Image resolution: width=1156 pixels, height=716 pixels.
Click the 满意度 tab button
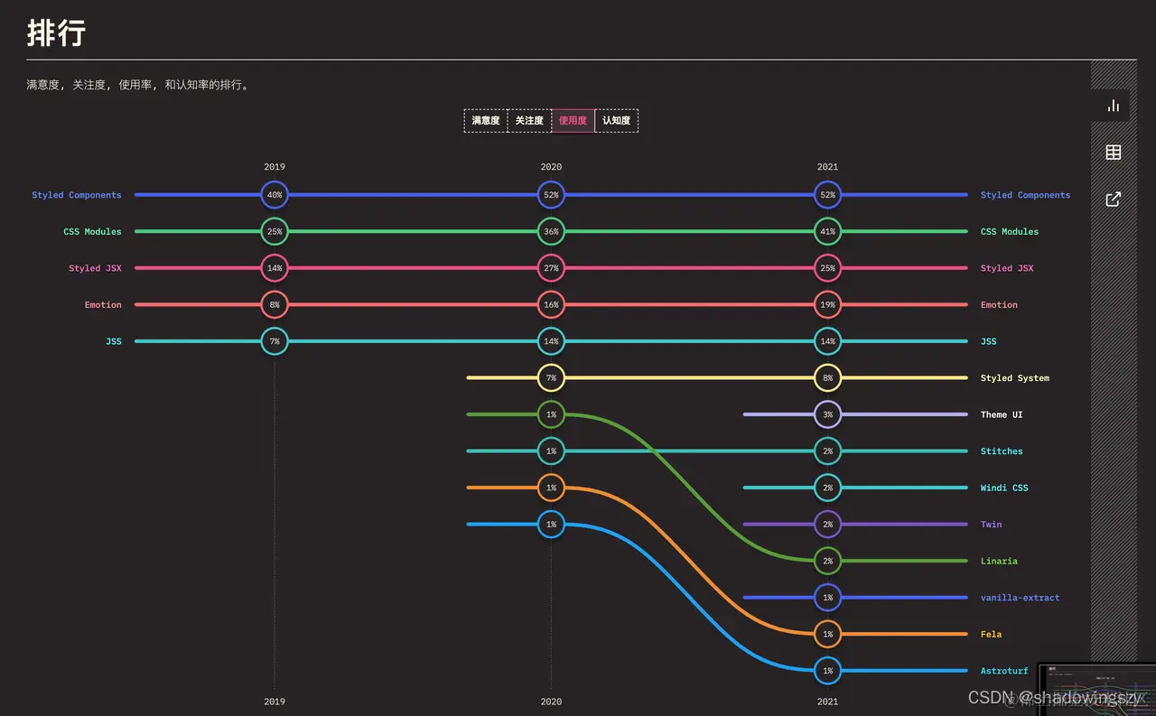pyautogui.click(x=486, y=121)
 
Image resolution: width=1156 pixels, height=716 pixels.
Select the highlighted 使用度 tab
pyautogui.click(x=573, y=121)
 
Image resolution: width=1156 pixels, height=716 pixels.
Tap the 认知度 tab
pyautogui.click(x=616, y=121)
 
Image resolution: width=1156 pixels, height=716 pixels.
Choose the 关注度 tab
pyautogui.click(x=529, y=121)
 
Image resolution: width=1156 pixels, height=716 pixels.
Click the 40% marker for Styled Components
pyautogui.click(x=275, y=195)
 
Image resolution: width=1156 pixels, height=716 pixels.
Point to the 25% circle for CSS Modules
pyautogui.click(x=275, y=232)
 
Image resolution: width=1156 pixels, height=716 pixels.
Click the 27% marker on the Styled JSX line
pyautogui.click(x=551, y=268)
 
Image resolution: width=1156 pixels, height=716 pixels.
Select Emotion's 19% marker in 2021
pyautogui.click(x=827, y=305)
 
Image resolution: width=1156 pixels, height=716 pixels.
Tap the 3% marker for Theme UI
pyautogui.click(x=827, y=414)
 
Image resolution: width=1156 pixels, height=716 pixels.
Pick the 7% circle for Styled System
pyautogui.click(x=551, y=378)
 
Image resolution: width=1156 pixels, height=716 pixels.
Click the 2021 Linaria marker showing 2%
pyautogui.click(x=827, y=561)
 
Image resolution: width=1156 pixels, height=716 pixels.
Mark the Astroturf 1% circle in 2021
pyautogui.click(x=827, y=671)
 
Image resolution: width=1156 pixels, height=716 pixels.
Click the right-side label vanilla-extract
pyautogui.click(x=1020, y=598)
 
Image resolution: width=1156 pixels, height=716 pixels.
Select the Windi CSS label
pyautogui.click(x=1004, y=488)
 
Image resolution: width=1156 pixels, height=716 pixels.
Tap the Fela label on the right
pyautogui.click(x=991, y=634)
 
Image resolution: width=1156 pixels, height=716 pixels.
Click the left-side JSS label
pyautogui.click(x=113, y=341)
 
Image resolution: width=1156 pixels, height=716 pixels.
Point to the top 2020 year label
pyautogui.click(x=551, y=167)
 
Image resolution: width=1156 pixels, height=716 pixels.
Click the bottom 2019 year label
pyautogui.click(x=275, y=702)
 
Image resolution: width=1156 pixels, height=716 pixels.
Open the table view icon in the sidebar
pyautogui.click(x=1114, y=153)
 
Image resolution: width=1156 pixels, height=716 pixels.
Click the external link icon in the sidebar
pyautogui.click(x=1114, y=200)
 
